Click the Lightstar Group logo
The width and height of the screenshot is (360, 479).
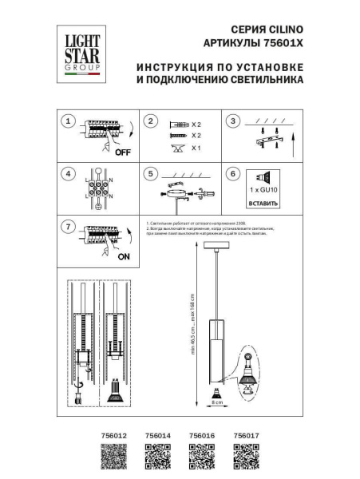pyautogui.click(x=77, y=53)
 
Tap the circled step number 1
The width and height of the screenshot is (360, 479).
pyautogui.click(x=69, y=121)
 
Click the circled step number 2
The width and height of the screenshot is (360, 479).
pyautogui.click(x=150, y=121)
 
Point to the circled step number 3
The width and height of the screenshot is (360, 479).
pyautogui.click(x=232, y=121)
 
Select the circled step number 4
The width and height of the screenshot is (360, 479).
pyautogui.click(x=69, y=173)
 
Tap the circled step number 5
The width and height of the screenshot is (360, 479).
pyautogui.click(x=150, y=173)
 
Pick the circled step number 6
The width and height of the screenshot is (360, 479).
pyautogui.click(x=232, y=173)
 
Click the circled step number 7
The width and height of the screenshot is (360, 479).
pyautogui.click(x=69, y=227)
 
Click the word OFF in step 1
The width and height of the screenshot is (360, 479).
pyautogui.click(x=122, y=152)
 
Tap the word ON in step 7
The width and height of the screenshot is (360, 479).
pyautogui.click(x=124, y=258)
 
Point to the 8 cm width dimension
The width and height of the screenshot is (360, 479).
pyautogui.click(x=217, y=402)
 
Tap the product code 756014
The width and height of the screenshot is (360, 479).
pyautogui.click(x=158, y=435)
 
